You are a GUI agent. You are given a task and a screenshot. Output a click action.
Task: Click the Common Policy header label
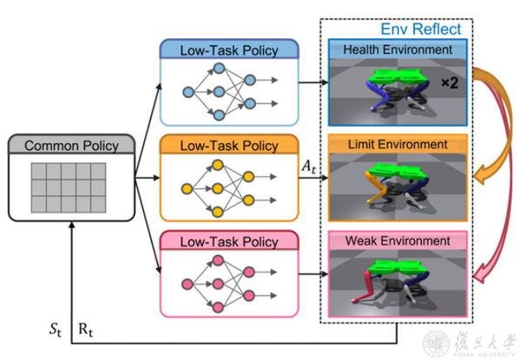tap(71, 146)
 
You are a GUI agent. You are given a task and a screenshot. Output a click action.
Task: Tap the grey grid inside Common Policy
tap(69, 187)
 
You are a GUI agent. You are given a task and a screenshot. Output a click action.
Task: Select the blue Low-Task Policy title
tap(229, 50)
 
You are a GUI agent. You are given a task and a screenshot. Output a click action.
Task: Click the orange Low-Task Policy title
tap(229, 146)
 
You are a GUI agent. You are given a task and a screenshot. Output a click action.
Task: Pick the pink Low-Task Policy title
tap(229, 242)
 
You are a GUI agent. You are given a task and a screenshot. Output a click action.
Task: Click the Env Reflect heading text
tap(421, 29)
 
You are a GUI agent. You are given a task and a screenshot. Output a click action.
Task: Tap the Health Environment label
tap(398, 49)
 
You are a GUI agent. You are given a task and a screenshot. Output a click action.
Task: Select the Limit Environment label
tap(398, 145)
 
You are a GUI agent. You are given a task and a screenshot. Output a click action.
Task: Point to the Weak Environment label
tap(398, 240)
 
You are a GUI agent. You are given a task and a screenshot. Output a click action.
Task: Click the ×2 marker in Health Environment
tap(450, 82)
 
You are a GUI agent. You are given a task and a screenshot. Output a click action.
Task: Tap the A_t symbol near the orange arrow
tap(308, 166)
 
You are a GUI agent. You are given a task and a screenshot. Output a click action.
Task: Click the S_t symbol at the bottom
tap(56, 330)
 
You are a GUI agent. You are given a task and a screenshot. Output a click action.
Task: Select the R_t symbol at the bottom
tap(86, 330)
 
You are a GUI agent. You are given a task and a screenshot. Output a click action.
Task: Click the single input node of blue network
tap(188, 92)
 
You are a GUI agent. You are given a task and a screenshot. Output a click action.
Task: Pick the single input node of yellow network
tap(187, 189)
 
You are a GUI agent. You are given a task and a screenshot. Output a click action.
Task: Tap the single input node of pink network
tap(188, 284)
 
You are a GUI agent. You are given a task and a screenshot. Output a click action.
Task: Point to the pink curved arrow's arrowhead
tap(480, 275)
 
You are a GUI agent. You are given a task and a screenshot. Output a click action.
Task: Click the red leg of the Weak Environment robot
tap(364, 287)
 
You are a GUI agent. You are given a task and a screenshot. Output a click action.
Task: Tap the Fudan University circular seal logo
tap(437, 344)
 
